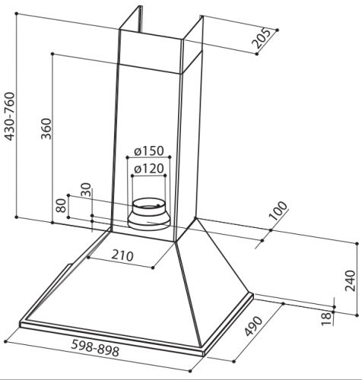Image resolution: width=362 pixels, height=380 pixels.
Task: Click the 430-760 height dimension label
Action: [10, 116]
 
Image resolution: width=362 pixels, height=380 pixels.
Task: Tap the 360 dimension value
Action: [46, 128]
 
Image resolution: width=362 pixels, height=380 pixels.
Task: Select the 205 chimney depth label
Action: [262, 39]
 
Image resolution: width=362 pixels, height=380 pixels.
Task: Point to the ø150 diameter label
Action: [149, 151]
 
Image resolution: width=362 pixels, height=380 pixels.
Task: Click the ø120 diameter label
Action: [149, 169]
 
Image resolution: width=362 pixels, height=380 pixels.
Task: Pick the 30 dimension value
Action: [86, 190]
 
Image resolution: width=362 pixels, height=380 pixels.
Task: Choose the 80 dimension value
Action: [61, 205]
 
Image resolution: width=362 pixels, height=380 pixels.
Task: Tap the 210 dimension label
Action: [122, 255]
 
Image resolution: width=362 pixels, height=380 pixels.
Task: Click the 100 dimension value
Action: [278, 211]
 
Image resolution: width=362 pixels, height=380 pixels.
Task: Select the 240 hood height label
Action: [350, 280]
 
